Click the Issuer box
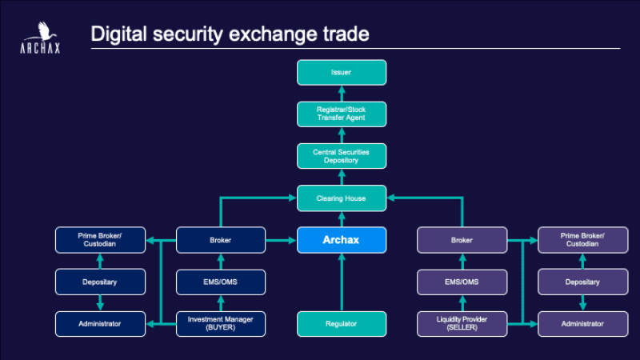click(342, 72)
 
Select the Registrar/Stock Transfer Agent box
click(342, 114)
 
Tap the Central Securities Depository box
click(342, 156)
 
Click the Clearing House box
click(342, 198)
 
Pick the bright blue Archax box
click(342, 240)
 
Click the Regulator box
click(342, 324)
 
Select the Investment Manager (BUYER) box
click(221, 324)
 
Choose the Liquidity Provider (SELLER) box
click(462, 324)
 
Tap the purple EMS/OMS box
click(462, 282)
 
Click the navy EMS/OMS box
click(221, 282)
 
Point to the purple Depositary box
click(583, 282)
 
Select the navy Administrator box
click(101, 324)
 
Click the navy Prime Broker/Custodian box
click(101, 240)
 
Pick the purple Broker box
click(462, 240)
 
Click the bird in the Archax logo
click(43, 31)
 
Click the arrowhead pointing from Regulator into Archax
click(342, 257)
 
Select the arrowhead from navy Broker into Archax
click(292, 240)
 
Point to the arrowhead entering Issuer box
click(342, 90)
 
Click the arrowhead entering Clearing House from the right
click(391, 198)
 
